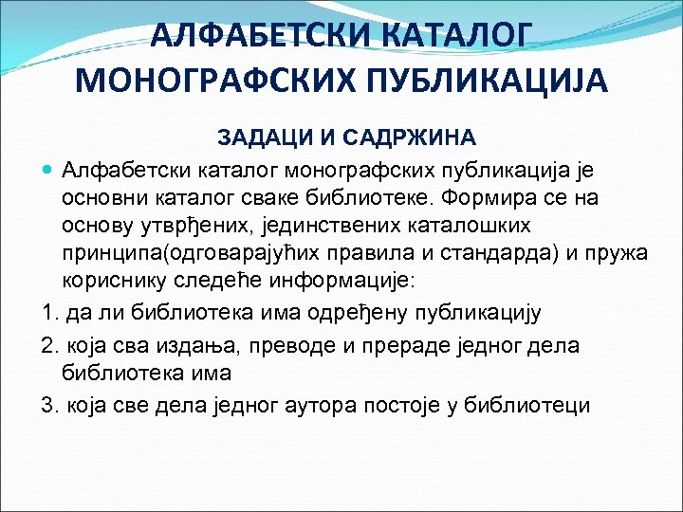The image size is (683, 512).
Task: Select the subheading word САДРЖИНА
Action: pos(407,138)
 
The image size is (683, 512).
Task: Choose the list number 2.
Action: pos(48,345)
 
